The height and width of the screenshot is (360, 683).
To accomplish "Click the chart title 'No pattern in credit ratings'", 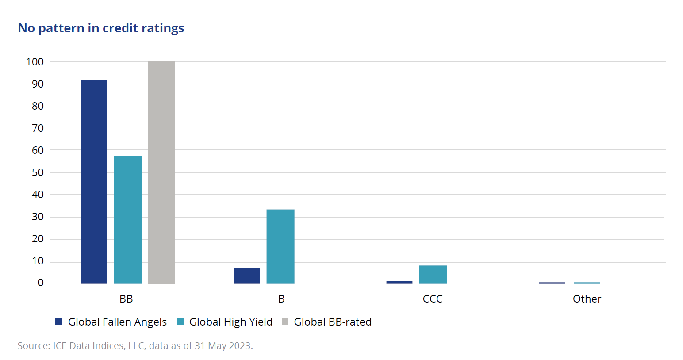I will [x=101, y=28].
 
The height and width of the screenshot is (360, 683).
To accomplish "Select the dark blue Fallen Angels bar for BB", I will [x=94, y=182].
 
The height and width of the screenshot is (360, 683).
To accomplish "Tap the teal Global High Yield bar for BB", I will [x=127, y=220].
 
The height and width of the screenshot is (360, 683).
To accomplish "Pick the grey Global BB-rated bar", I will [x=161, y=172].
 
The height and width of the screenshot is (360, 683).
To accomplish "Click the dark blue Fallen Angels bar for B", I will [x=246, y=276].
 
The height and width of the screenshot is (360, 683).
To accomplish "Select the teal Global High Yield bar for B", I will [x=280, y=246].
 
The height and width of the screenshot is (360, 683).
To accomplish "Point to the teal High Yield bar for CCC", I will [x=433, y=275].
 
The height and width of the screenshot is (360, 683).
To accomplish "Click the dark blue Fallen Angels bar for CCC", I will [x=399, y=282].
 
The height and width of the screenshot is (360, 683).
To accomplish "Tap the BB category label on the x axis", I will [x=126, y=299].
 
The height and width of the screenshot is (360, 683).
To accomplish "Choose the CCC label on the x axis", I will [x=433, y=299].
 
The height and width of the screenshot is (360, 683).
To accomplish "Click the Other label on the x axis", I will [x=587, y=299].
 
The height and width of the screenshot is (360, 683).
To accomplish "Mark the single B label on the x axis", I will [x=281, y=299].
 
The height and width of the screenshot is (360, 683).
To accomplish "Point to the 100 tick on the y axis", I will [x=35, y=62].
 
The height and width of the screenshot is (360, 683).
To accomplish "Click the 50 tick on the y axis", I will [x=38, y=172].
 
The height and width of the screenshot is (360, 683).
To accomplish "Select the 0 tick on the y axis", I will [x=41, y=283].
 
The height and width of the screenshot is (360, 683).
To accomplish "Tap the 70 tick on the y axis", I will [x=38, y=128].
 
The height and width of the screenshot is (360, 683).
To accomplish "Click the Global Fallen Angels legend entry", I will [x=117, y=322].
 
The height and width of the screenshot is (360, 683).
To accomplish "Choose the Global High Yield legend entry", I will [x=230, y=322].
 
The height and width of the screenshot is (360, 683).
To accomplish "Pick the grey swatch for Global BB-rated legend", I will [x=285, y=322].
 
